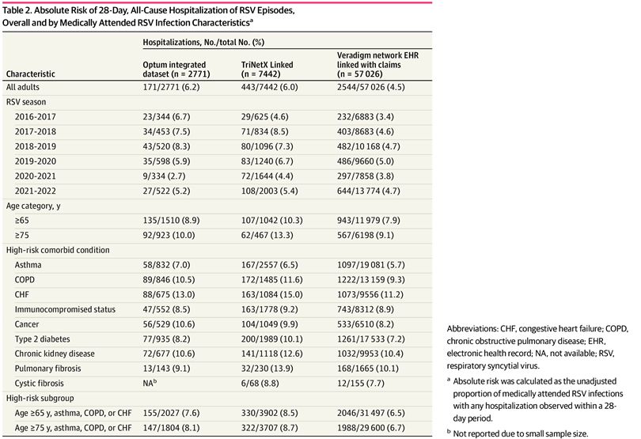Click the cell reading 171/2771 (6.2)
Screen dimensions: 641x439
[x=171, y=87]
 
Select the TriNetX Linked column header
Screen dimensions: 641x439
[x=267, y=69]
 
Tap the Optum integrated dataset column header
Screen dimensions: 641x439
[x=176, y=69]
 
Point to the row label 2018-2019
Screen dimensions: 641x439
[x=36, y=146]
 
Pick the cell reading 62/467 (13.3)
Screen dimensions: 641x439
[x=267, y=235]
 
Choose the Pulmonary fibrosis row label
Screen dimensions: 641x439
[x=47, y=369]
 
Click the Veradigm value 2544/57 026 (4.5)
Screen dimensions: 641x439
[x=371, y=87]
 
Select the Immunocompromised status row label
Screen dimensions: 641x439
[x=65, y=309]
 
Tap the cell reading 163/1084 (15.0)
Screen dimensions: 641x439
[x=271, y=294]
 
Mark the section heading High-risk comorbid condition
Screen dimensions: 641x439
[x=58, y=250]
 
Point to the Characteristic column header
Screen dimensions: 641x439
[x=30, y=74]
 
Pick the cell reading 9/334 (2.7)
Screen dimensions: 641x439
[x=164, y=176]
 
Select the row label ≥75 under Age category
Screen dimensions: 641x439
[x=21, y=235]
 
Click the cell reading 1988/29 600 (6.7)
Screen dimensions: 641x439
[x=371, y=428]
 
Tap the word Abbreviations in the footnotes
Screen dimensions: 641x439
[x=472, y=328]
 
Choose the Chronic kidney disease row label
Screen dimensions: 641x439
[x=55, y=354]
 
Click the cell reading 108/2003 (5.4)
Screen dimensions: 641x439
[x=269, y=191]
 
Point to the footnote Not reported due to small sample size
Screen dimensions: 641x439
[x=520, y=433]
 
